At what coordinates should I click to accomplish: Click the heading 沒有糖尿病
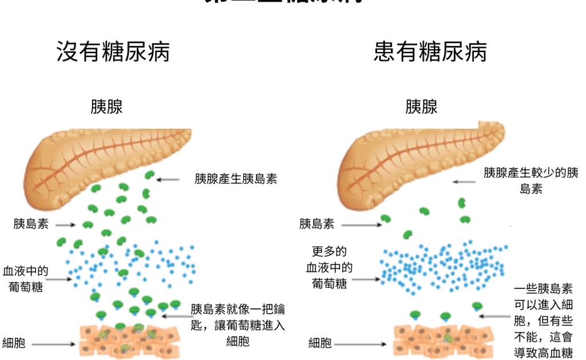pyautogui.click(x=113, y=52)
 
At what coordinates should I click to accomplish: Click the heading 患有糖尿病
pyautogui.click(x=430, y=52)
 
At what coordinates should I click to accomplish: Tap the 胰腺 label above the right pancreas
pyautogui.click(x=421, y=106)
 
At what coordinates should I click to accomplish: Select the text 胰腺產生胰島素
pyautogui.click(x=236, y=179)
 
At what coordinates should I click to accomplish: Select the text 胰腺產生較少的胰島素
pyautogui.click(x=531, y=180)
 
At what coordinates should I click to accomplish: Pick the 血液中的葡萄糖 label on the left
pyautogui.click(x=26, y=278)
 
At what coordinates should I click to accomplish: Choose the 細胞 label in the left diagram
pyautogui.click(x=14, y=343)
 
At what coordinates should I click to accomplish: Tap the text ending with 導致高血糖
pyautogui.click(x=543, y=321)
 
